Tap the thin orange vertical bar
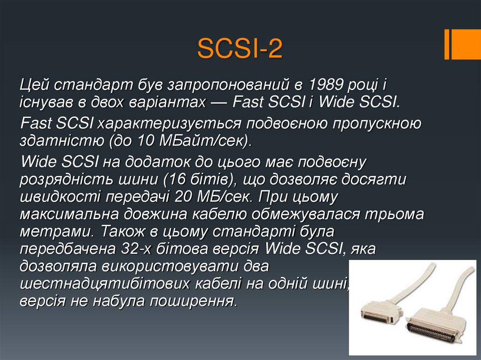(x=447, y=45)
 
